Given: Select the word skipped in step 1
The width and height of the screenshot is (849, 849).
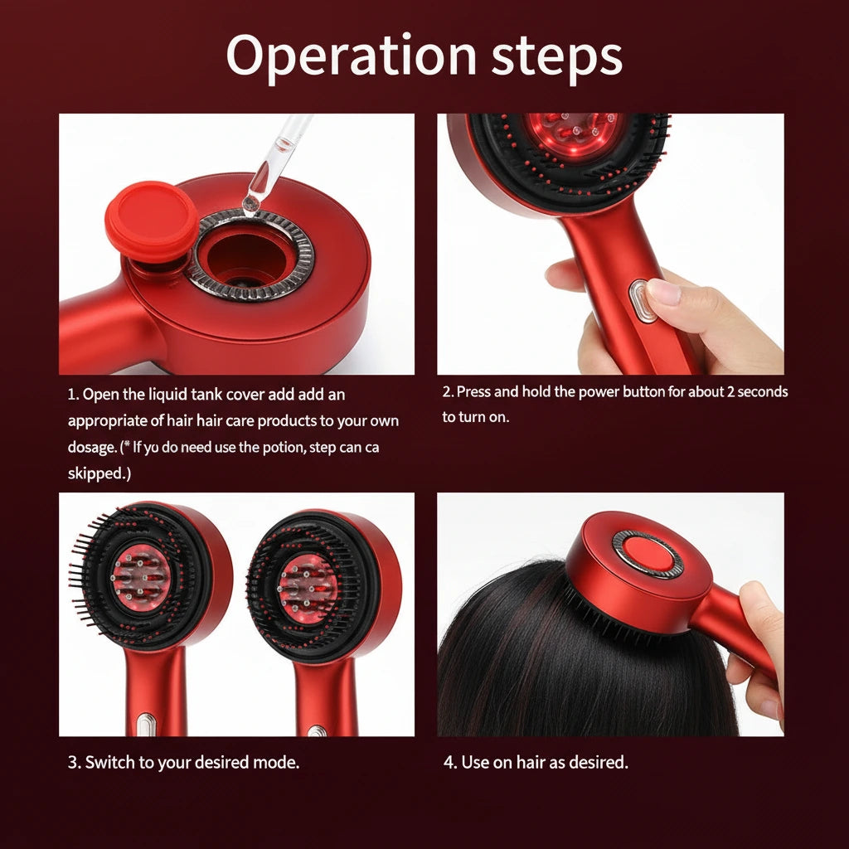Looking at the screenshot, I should (98, 473).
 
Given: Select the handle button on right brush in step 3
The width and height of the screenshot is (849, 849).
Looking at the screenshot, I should (317, 730).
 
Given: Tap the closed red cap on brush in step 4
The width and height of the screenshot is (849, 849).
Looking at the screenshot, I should (648, 553).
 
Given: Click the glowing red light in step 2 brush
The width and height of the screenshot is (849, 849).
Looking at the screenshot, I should (572, 133).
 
